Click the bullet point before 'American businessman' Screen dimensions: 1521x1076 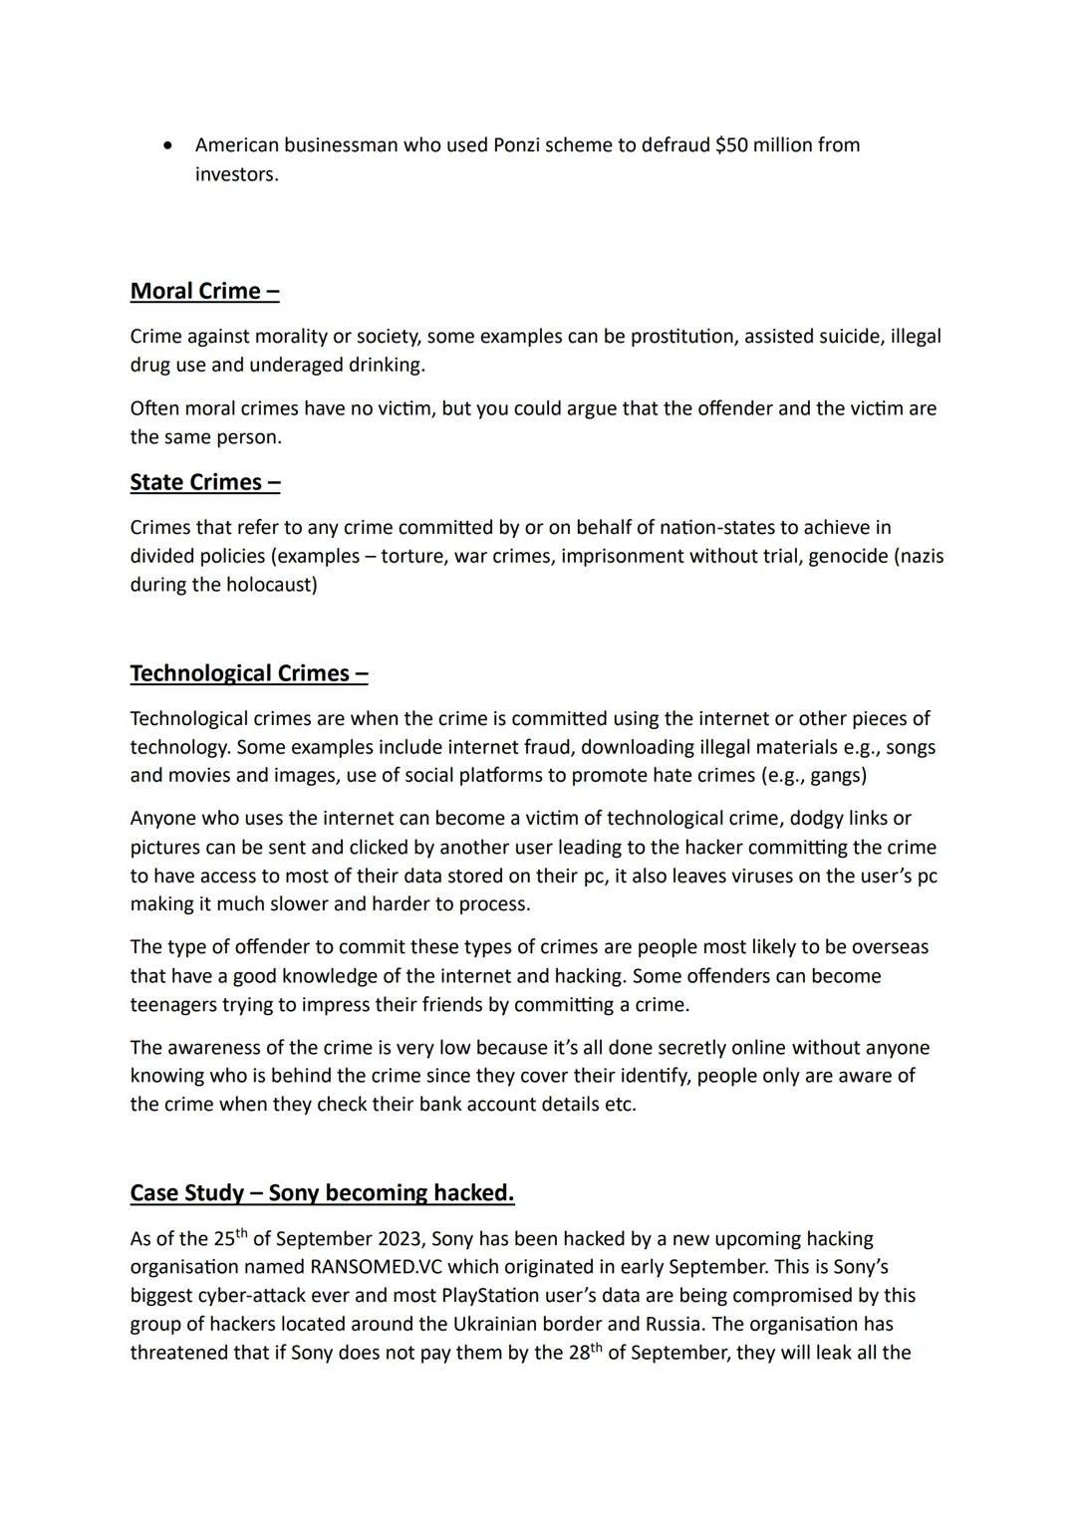(169, 145)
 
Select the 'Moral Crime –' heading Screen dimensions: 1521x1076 (204, 291)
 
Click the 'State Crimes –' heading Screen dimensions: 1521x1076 (204, 482)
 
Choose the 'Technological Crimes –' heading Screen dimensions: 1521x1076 (249, 673)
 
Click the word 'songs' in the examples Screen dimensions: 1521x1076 (911, 747)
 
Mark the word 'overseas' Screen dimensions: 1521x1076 (890, 947)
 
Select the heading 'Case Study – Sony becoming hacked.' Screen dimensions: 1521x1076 (322, 1193)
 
